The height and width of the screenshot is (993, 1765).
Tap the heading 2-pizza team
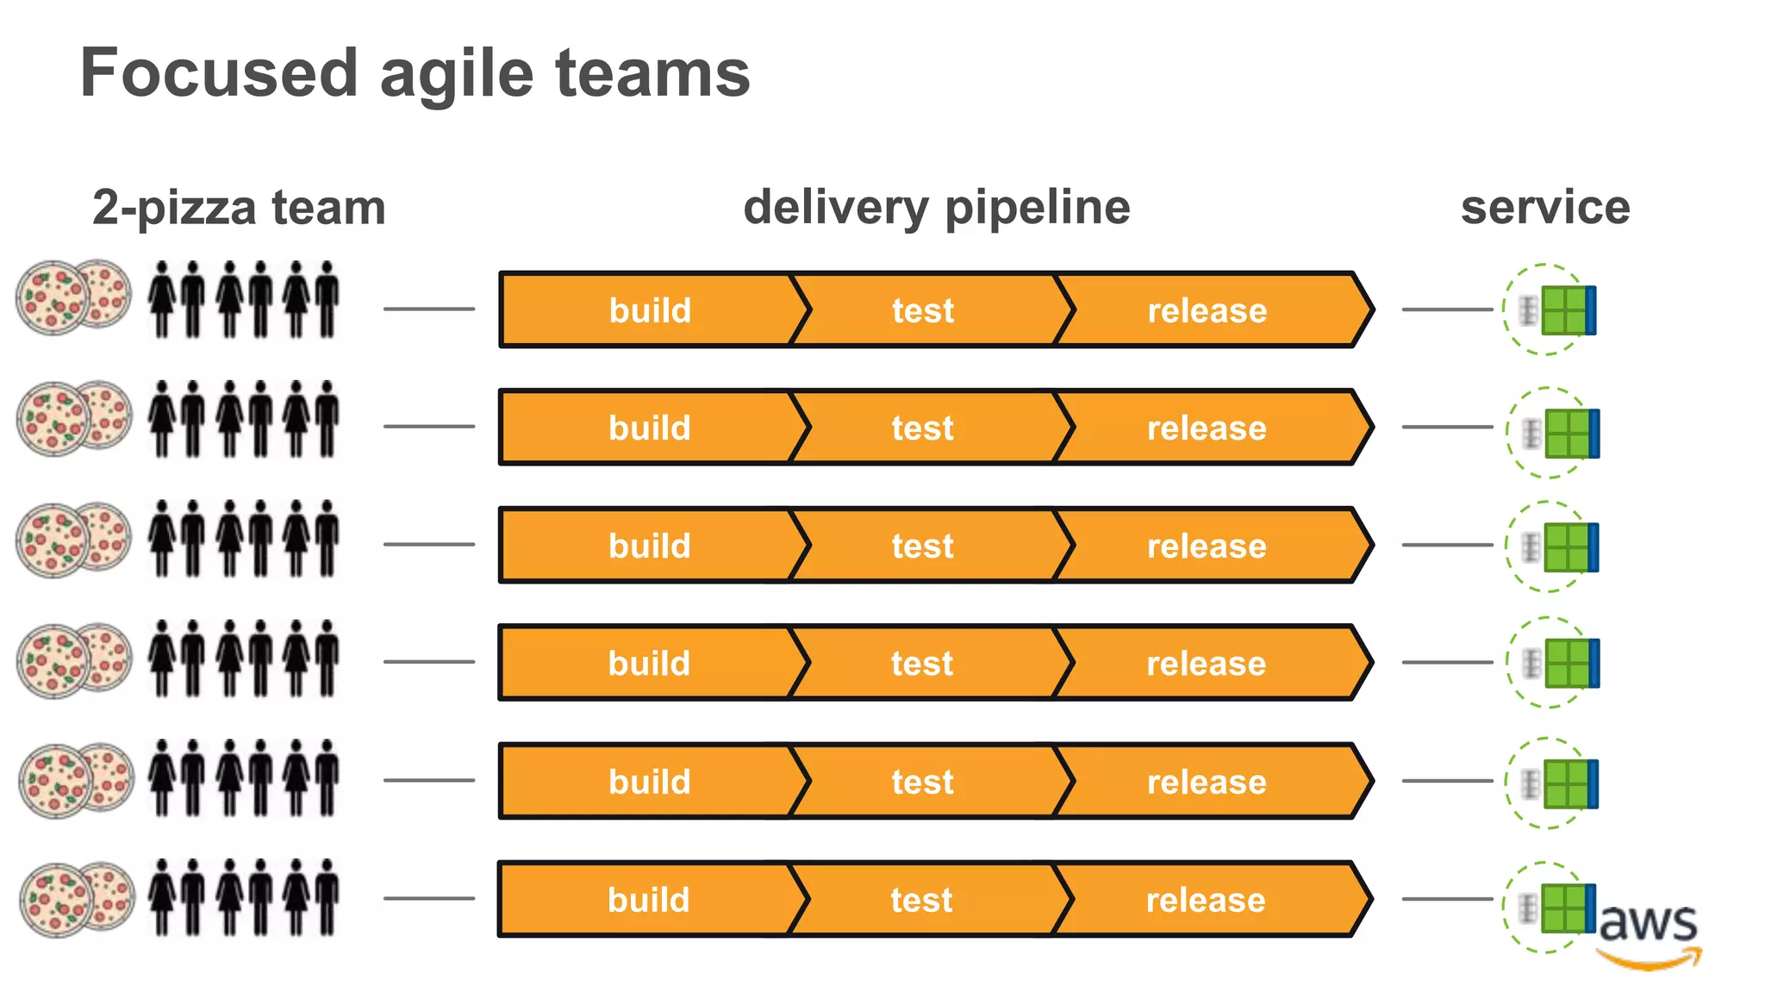pyautogui.click(x=239, y=208)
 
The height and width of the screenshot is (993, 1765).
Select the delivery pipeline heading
pyautogui.click(x=936, y=208)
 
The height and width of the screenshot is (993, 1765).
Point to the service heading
pyautogui.click(x=1544, y=208)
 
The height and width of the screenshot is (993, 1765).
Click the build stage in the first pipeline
pyautogui.click(x=650, y=310)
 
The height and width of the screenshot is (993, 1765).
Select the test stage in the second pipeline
pyautogui.click(x=922, y=428)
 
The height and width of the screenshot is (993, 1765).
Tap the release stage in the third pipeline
pyautogui.click(x=1207, y=546)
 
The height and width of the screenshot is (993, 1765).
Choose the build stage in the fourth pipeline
pyautogui.click(x=649, y=663)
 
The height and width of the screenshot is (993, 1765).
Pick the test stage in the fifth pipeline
pyautogui.click(x=922, y=781)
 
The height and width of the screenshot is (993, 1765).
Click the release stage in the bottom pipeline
pyautogui.click(x=1206, y=899)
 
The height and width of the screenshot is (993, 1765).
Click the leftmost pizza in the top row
pyautogui.click(x=52, y=298)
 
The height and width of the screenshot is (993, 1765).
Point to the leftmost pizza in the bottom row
pyautogui.click(x=55, y=901)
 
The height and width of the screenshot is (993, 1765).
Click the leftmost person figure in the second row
pyautogui.click(x=161, y=419)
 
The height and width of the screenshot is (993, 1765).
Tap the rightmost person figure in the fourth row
pyautogui.click(x=327, y=658)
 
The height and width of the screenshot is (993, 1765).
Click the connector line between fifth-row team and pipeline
pyautogui.click(x=428, y=780)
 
